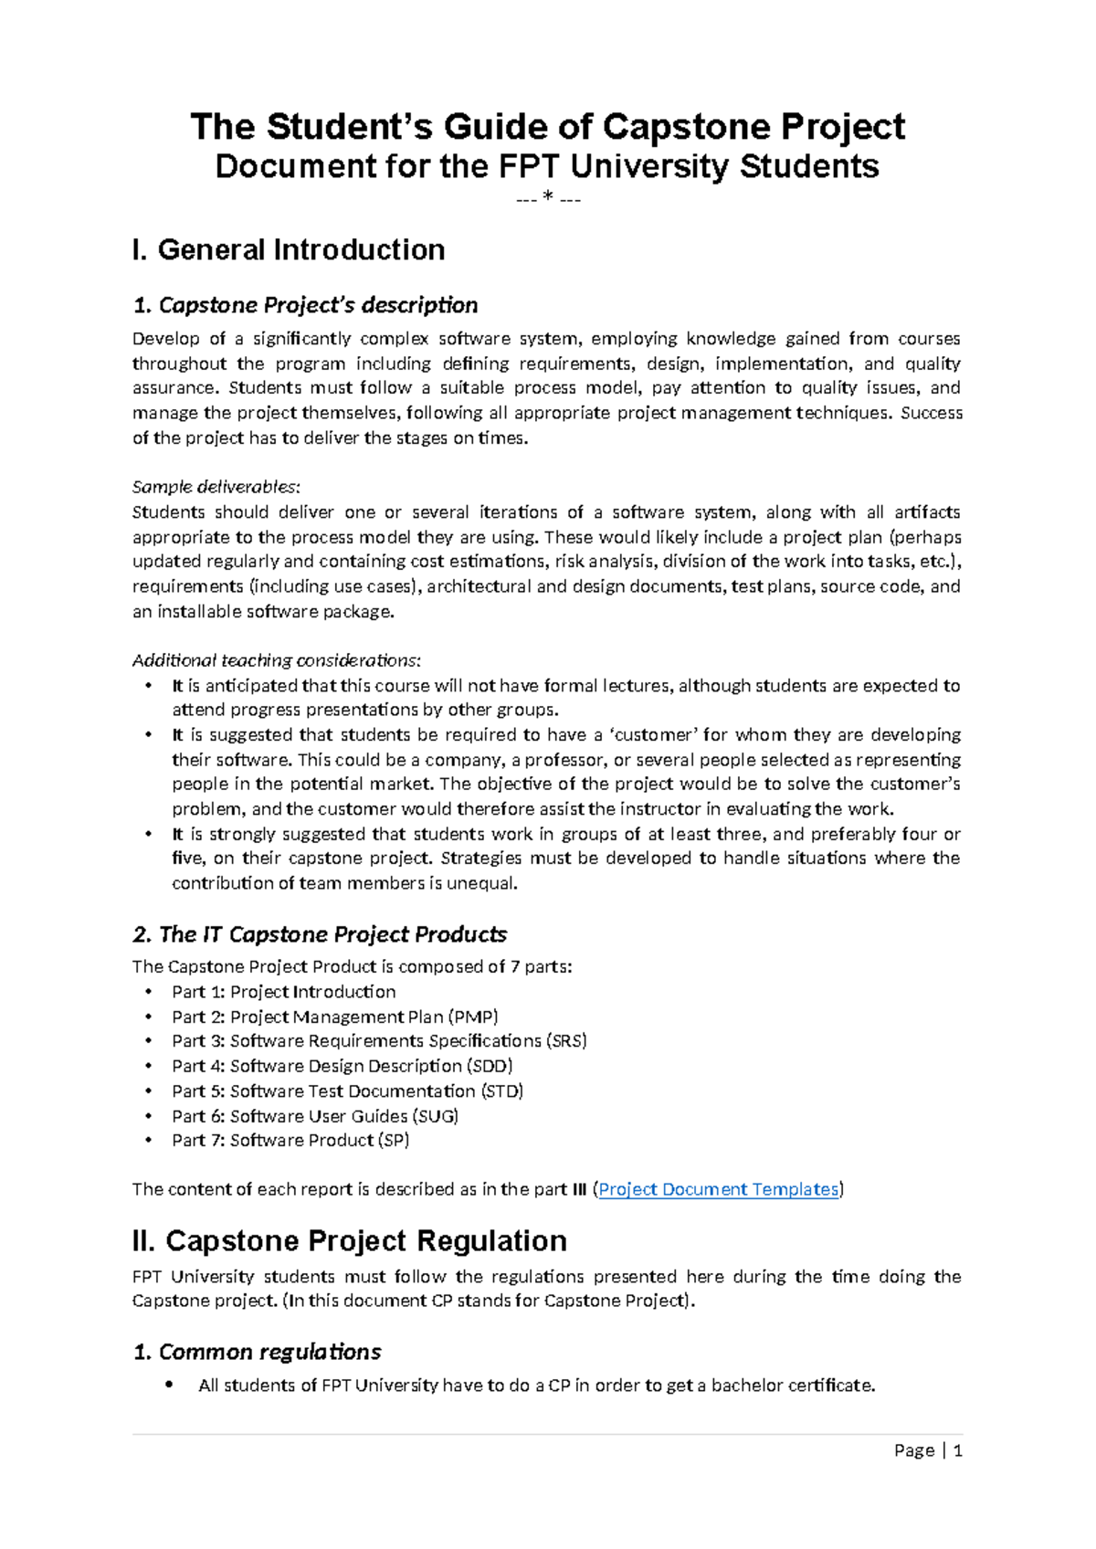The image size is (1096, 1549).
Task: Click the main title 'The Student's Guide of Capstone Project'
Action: tap(547, 126)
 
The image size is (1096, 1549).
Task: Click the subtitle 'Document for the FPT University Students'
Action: tap(547, 166)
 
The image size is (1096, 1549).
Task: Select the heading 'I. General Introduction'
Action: tap(289, 249)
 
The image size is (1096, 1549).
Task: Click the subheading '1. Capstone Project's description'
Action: tap(305, 304)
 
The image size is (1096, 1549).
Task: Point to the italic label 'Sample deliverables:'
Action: tap(216, 486)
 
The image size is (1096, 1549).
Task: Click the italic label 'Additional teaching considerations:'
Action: tap(277, 659)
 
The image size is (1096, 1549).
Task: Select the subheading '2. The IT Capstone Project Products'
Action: tap(320, 933)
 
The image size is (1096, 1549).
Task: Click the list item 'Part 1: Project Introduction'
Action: tap(283, 992)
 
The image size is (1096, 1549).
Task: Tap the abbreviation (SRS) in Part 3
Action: tap(566, 1041)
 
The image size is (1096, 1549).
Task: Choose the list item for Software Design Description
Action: tap(342, 1066)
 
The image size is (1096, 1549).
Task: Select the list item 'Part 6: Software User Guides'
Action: tap(314, 1116)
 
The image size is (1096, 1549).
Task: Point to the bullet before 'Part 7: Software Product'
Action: tap(149, 1141)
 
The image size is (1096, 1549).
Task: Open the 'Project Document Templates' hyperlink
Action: tap(718, 1189)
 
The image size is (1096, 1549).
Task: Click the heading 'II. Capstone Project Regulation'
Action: tap(349, 1240)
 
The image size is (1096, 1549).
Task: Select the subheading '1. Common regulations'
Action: tap(257, 1352)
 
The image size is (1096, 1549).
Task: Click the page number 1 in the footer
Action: tap(958, 1450)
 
